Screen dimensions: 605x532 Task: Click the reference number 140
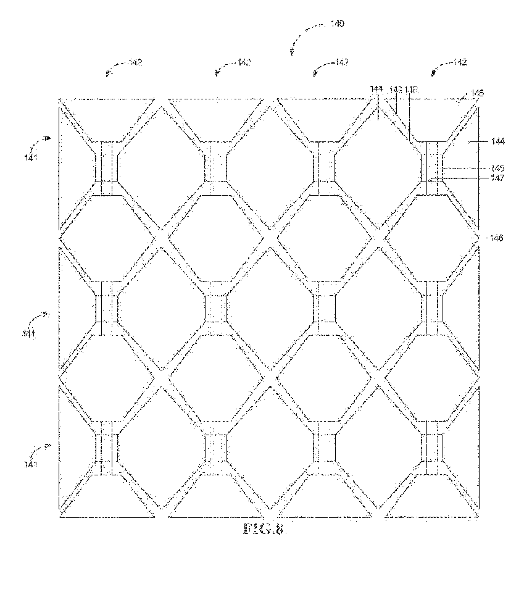[x=337, y=25]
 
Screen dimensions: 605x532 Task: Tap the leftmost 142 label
[x=135, y=62]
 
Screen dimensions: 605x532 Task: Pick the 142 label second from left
[x=245, y=62]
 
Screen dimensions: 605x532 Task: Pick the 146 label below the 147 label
[x=495, y=237]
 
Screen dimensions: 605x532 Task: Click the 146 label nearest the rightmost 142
[x=476, y=93]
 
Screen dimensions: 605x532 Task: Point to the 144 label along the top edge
[x=376, y=90]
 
